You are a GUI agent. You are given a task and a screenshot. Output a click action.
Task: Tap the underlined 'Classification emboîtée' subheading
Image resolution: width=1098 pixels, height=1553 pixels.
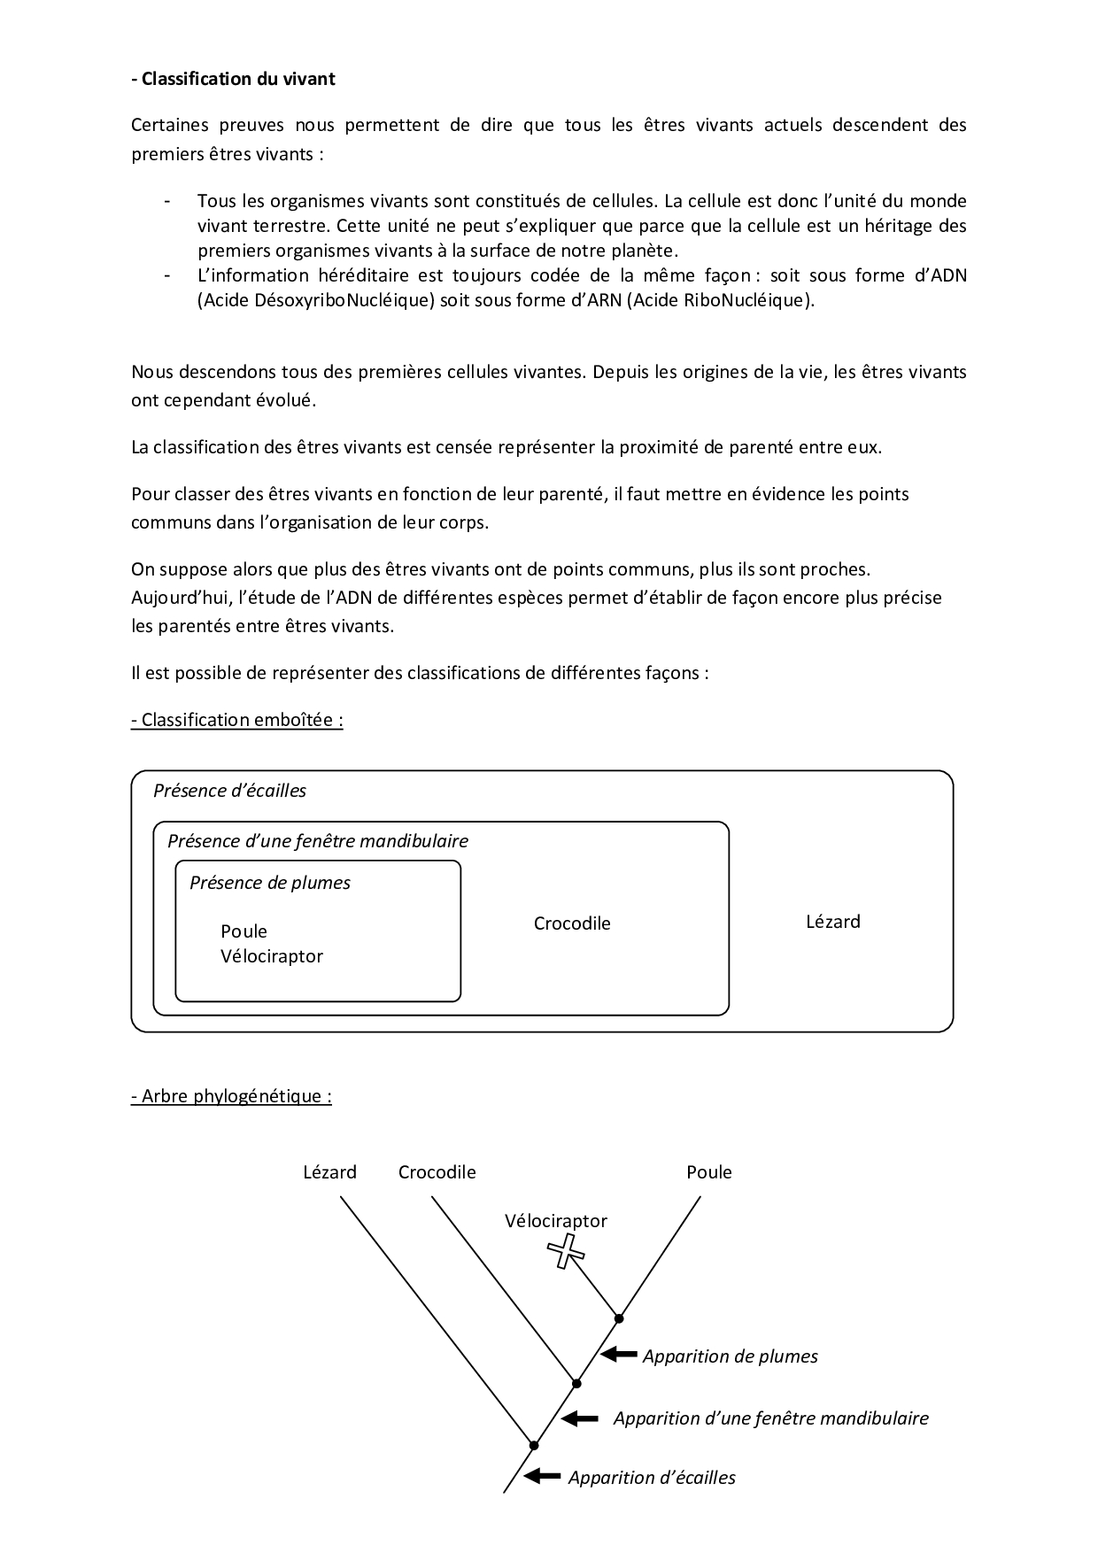pyautogui.click(x=236, y=720)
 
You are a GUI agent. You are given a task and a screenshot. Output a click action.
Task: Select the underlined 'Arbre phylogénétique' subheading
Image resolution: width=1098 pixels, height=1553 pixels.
pyautogui.click(x=231, y=1096)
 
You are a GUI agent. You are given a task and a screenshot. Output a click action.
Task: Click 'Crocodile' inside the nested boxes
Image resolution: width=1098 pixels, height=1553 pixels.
pyautogui.click(x=572, y=923)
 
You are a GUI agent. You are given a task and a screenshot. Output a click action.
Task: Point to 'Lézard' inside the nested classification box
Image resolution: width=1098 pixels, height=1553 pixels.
pyautogui.click(x=832, y=922)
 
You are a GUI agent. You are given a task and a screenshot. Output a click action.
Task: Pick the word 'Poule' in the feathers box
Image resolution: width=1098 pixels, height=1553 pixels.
pyautogui.click(x=244, y=931)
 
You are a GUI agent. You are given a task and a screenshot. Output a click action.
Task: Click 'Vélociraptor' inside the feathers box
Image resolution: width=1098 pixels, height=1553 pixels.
pyautogui.click(x=271, y=956)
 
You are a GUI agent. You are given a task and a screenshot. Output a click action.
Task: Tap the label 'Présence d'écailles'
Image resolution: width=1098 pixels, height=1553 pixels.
pyautogui.click(x=229, y=791)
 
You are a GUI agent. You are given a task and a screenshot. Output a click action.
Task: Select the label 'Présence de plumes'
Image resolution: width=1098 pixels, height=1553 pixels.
pyautogui.click(x=269, y=883)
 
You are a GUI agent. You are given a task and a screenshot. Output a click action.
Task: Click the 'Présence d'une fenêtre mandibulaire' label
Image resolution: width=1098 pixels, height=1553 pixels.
pyautogui.click(x=317, y=841)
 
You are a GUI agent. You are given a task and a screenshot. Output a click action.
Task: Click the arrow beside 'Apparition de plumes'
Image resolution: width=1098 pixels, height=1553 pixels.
pyautogui.click(x=619, y=1355)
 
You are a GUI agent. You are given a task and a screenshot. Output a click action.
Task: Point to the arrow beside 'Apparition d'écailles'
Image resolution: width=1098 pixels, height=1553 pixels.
pyautogui.click(x=543, y=1476)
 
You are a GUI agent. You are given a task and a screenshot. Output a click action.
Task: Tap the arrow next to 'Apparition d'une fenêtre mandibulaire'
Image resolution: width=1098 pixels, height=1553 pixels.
pyautogui.click(x=581, y=1418)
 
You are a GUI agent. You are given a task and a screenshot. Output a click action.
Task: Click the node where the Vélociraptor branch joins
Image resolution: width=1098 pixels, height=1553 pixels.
pyautogui.click(x=619, y=1318)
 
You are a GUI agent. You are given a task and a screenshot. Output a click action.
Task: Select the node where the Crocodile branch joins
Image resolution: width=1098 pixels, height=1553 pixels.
pyautogui.click(x=576, y=1383)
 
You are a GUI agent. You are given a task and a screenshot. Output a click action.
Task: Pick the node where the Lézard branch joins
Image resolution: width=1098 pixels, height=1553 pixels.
pyautogui.click(x=534, y=1445)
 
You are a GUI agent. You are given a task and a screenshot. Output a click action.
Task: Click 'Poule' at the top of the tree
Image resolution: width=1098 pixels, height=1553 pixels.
pyautogui.click(x=708, y=1172)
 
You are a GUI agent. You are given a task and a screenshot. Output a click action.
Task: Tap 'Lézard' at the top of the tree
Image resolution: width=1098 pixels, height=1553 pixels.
pyautogui.click(x=329, y=1172)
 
